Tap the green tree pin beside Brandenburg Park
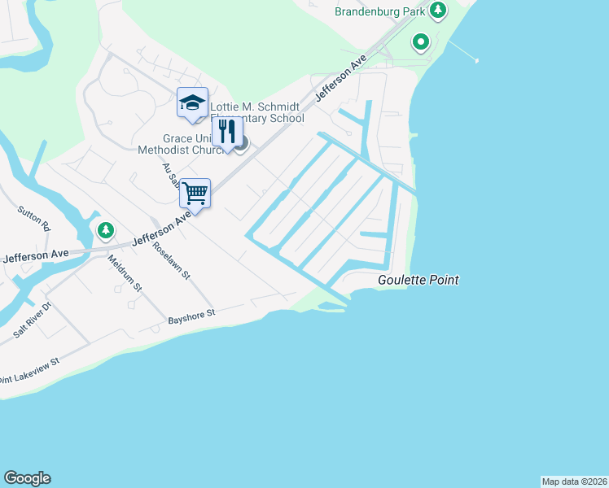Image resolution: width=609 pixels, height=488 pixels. pos(439,11)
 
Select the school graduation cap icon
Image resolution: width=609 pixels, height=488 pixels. pos(192,102)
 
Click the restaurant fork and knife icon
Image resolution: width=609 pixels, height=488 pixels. pos(227,131)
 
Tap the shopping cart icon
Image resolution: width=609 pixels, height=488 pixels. pos(195,194)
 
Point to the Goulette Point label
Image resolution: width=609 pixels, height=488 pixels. pos(418,281)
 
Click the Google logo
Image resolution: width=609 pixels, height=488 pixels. pos(27,478)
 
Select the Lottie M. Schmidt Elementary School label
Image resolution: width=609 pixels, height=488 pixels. pos(258,112)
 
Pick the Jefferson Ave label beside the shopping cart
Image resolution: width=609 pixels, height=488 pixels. pos(160,229)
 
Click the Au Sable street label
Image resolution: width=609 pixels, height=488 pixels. pos(169,174)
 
